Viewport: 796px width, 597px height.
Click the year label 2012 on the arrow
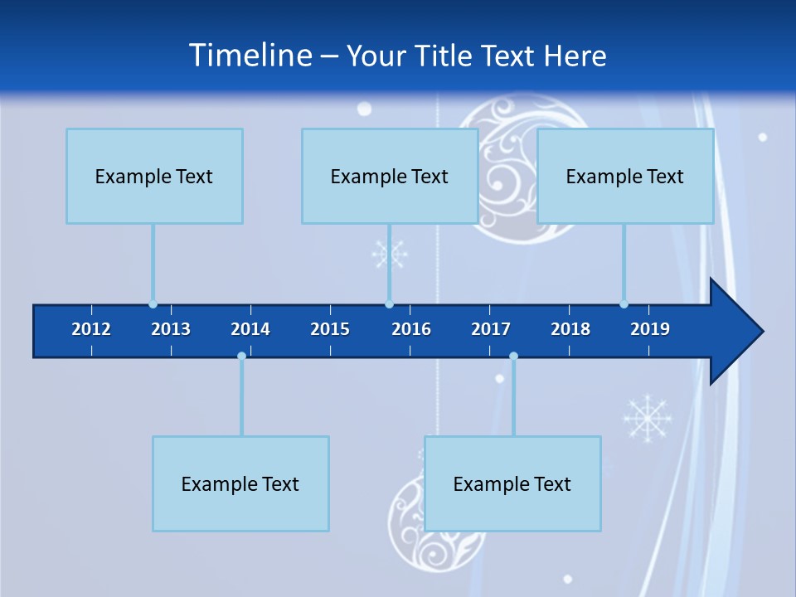point(91,329)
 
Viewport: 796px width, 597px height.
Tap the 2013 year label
point(171,329)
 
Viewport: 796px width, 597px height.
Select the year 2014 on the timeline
point(250,329)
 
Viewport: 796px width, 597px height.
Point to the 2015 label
point(330,329)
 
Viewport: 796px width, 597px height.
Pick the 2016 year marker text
point(411,329)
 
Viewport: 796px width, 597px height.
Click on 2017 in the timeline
point(491,329)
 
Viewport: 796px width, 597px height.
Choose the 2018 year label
point(570,329)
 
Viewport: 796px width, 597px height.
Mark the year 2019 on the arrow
point(650,329)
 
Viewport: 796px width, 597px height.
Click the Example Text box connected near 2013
point(154,176)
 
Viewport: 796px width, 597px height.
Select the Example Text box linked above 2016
point(390,176)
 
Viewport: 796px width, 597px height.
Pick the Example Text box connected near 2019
point(625,176)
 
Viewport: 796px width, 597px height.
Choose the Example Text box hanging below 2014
point(240,483)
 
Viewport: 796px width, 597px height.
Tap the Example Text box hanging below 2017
point(512,483)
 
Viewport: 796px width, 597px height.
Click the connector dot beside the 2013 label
point(153,304)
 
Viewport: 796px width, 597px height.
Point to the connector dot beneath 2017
point(513,357)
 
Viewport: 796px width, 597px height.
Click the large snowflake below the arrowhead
point(648,417)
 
